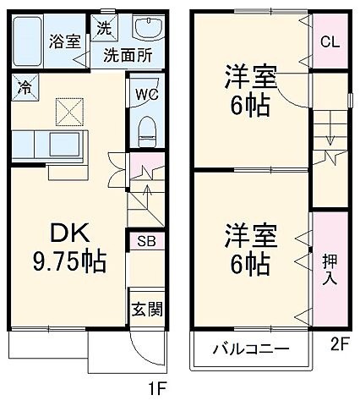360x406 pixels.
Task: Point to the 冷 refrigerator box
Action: (x=25, y=86)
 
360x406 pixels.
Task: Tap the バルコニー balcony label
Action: (x=250, y=348)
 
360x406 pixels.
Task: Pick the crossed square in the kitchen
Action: (x=66, y=110)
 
